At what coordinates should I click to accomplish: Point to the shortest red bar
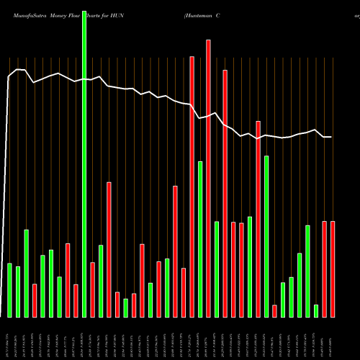click(274, 311)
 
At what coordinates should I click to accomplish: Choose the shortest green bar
click(316, 311)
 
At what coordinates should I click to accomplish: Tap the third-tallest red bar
click(225, 194)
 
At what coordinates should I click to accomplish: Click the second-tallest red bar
click(192, 187)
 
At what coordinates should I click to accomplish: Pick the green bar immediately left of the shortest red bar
click(266, 237)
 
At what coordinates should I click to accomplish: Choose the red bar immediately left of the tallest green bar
click(76, 301)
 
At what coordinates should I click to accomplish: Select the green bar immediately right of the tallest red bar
click(217, 269)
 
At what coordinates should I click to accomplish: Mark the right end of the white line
click(331, 137)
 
